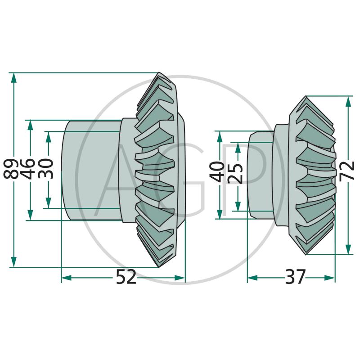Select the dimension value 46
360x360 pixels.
[30, 169]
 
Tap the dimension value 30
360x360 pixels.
[47, 169]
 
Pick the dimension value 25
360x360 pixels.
[236, 173]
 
